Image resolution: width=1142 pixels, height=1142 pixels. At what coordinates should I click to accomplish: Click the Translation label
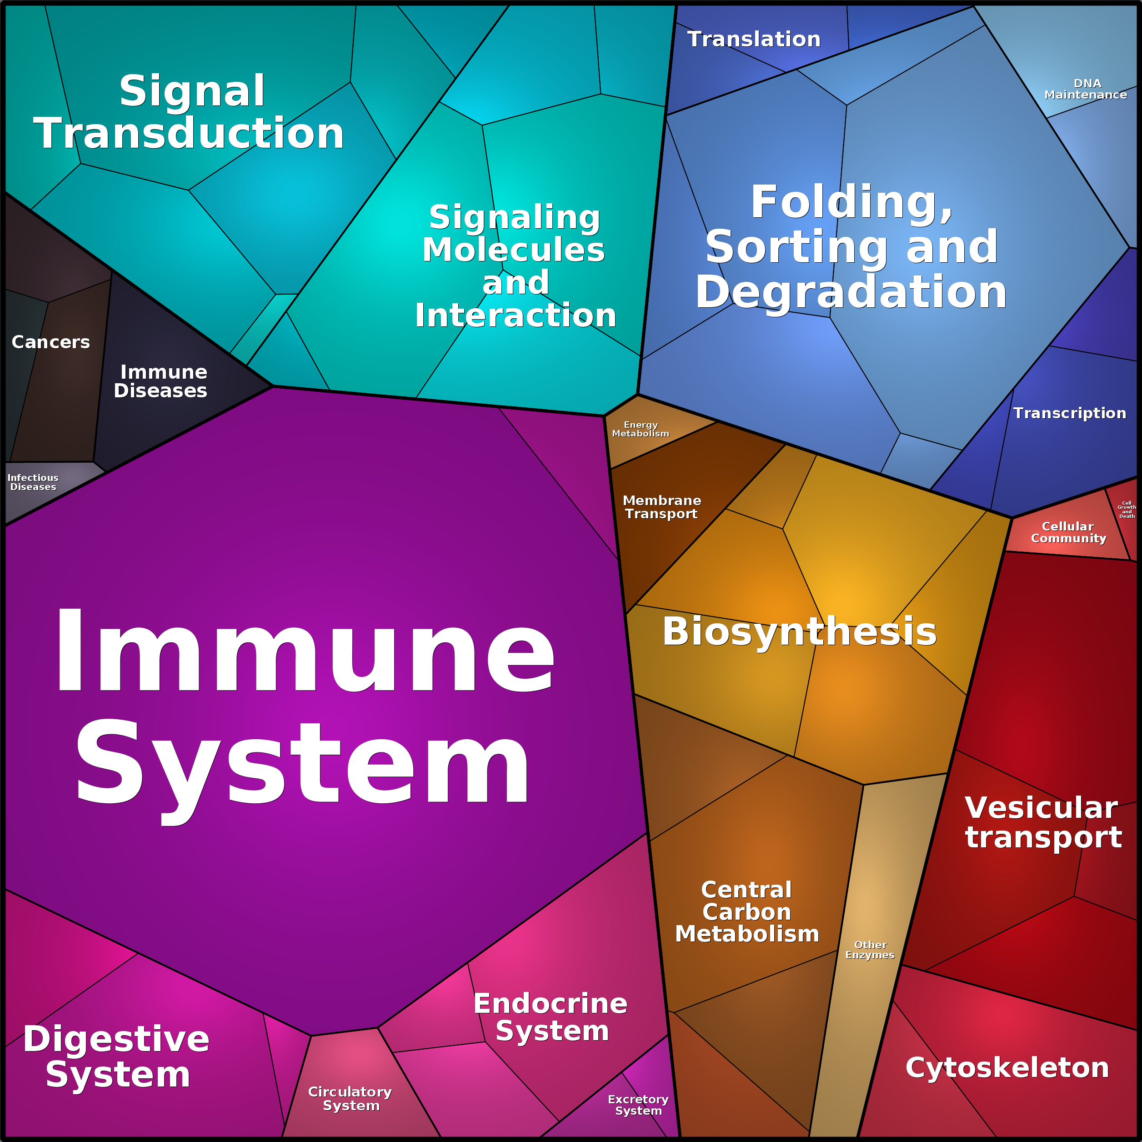click(754, 39)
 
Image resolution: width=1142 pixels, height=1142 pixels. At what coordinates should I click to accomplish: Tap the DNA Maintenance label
click(1085, 89)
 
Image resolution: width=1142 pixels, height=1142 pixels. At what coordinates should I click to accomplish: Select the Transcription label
click(1069, 413)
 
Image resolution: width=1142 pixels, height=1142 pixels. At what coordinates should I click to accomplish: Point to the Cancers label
click(51, 342)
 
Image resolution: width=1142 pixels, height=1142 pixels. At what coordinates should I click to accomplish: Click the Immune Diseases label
click(161, 381)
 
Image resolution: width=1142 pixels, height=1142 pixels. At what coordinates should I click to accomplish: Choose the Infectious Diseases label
click(33, 482)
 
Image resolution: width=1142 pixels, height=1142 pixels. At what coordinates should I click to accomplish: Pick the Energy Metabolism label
click(640, 429)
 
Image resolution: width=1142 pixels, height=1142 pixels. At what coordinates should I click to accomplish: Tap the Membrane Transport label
click(661, 507)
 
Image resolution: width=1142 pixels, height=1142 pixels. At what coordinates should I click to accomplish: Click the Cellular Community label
click(1068, 532)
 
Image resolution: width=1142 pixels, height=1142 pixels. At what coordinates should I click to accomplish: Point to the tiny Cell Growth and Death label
click(1127, 510)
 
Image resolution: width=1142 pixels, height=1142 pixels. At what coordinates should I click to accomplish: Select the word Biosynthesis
click(799, 631)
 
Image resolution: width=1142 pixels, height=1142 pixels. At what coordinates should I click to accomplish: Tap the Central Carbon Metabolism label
click(747, 912)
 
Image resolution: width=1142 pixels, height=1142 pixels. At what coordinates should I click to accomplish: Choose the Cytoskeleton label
click(1007, 1068)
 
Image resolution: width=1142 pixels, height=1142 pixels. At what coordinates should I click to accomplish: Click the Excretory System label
click(638, 1105)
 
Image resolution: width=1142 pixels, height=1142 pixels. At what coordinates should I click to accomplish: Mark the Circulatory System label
click(351, 1098)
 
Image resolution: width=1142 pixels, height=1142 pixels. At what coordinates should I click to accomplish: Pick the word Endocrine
click(550, 1004)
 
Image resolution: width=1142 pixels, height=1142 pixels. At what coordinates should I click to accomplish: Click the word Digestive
click(116, 1039)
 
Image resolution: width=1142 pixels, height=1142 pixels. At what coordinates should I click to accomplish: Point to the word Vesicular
click(1041, 808)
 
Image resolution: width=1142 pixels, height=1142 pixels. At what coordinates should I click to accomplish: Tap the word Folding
click(851, 202)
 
